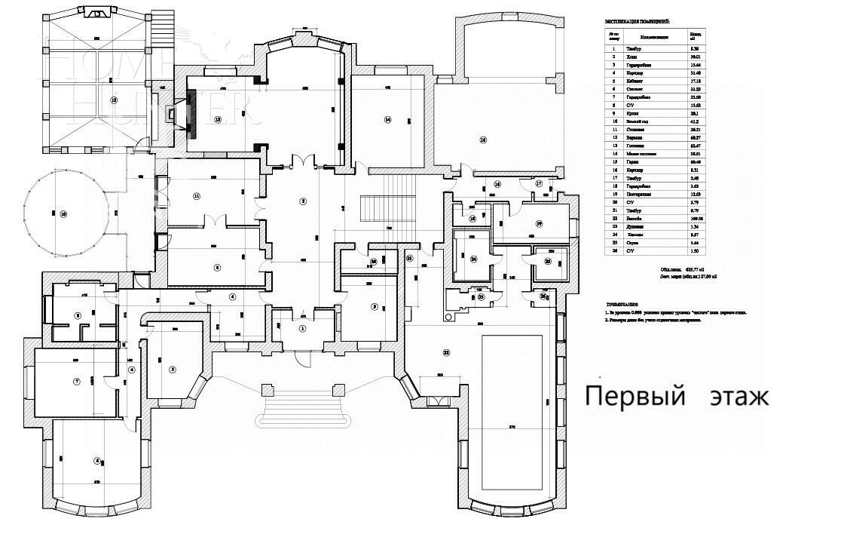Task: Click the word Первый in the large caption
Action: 634,396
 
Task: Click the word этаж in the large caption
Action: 738,397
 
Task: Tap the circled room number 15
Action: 115,100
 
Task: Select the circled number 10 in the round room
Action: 63,214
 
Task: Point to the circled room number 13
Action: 218,119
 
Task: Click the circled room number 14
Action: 387,119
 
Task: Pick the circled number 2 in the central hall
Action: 303,201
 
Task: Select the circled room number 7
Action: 76,382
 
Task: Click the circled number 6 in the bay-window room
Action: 97,461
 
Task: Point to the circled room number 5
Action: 172,369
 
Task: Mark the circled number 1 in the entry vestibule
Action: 303,328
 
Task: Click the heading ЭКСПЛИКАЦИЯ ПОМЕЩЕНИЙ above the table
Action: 636,22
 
